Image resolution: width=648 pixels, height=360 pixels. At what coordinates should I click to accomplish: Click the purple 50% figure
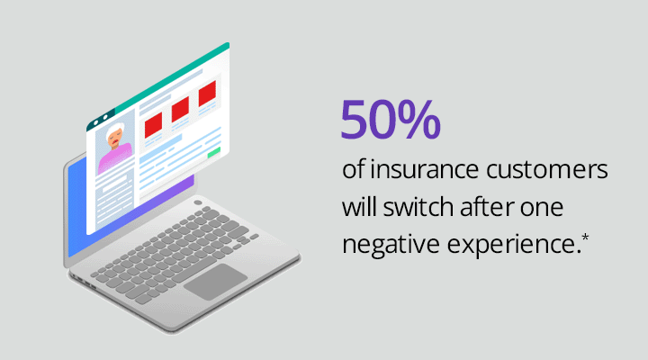click(391, 120)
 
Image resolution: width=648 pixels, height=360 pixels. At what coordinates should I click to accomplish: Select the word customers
click(547, 170)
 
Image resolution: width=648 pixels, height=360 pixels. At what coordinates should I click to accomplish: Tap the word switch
click(418, 207)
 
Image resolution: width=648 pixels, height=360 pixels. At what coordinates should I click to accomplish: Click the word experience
click(511, 245)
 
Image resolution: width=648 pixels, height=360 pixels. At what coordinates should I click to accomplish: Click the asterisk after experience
click(585, 238)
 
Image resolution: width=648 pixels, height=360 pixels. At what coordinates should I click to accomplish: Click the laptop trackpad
click(216, 282)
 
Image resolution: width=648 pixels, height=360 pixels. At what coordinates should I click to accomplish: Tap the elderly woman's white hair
click(114, 131)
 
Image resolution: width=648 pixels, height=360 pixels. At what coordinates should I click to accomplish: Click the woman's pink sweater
click(115, 157)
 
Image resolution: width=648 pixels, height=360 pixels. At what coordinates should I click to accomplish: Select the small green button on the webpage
click(213, 152)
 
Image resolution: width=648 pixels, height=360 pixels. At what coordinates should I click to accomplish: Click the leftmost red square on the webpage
click(153, 125)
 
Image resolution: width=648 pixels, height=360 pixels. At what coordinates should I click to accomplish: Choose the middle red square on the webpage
click(180, 109)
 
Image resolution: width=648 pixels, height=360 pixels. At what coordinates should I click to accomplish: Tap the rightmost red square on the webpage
click(207, 94)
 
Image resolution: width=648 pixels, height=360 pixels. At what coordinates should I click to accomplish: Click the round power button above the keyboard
click(197, 202)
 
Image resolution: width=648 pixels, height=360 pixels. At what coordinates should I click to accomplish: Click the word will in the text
click(359, 207)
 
